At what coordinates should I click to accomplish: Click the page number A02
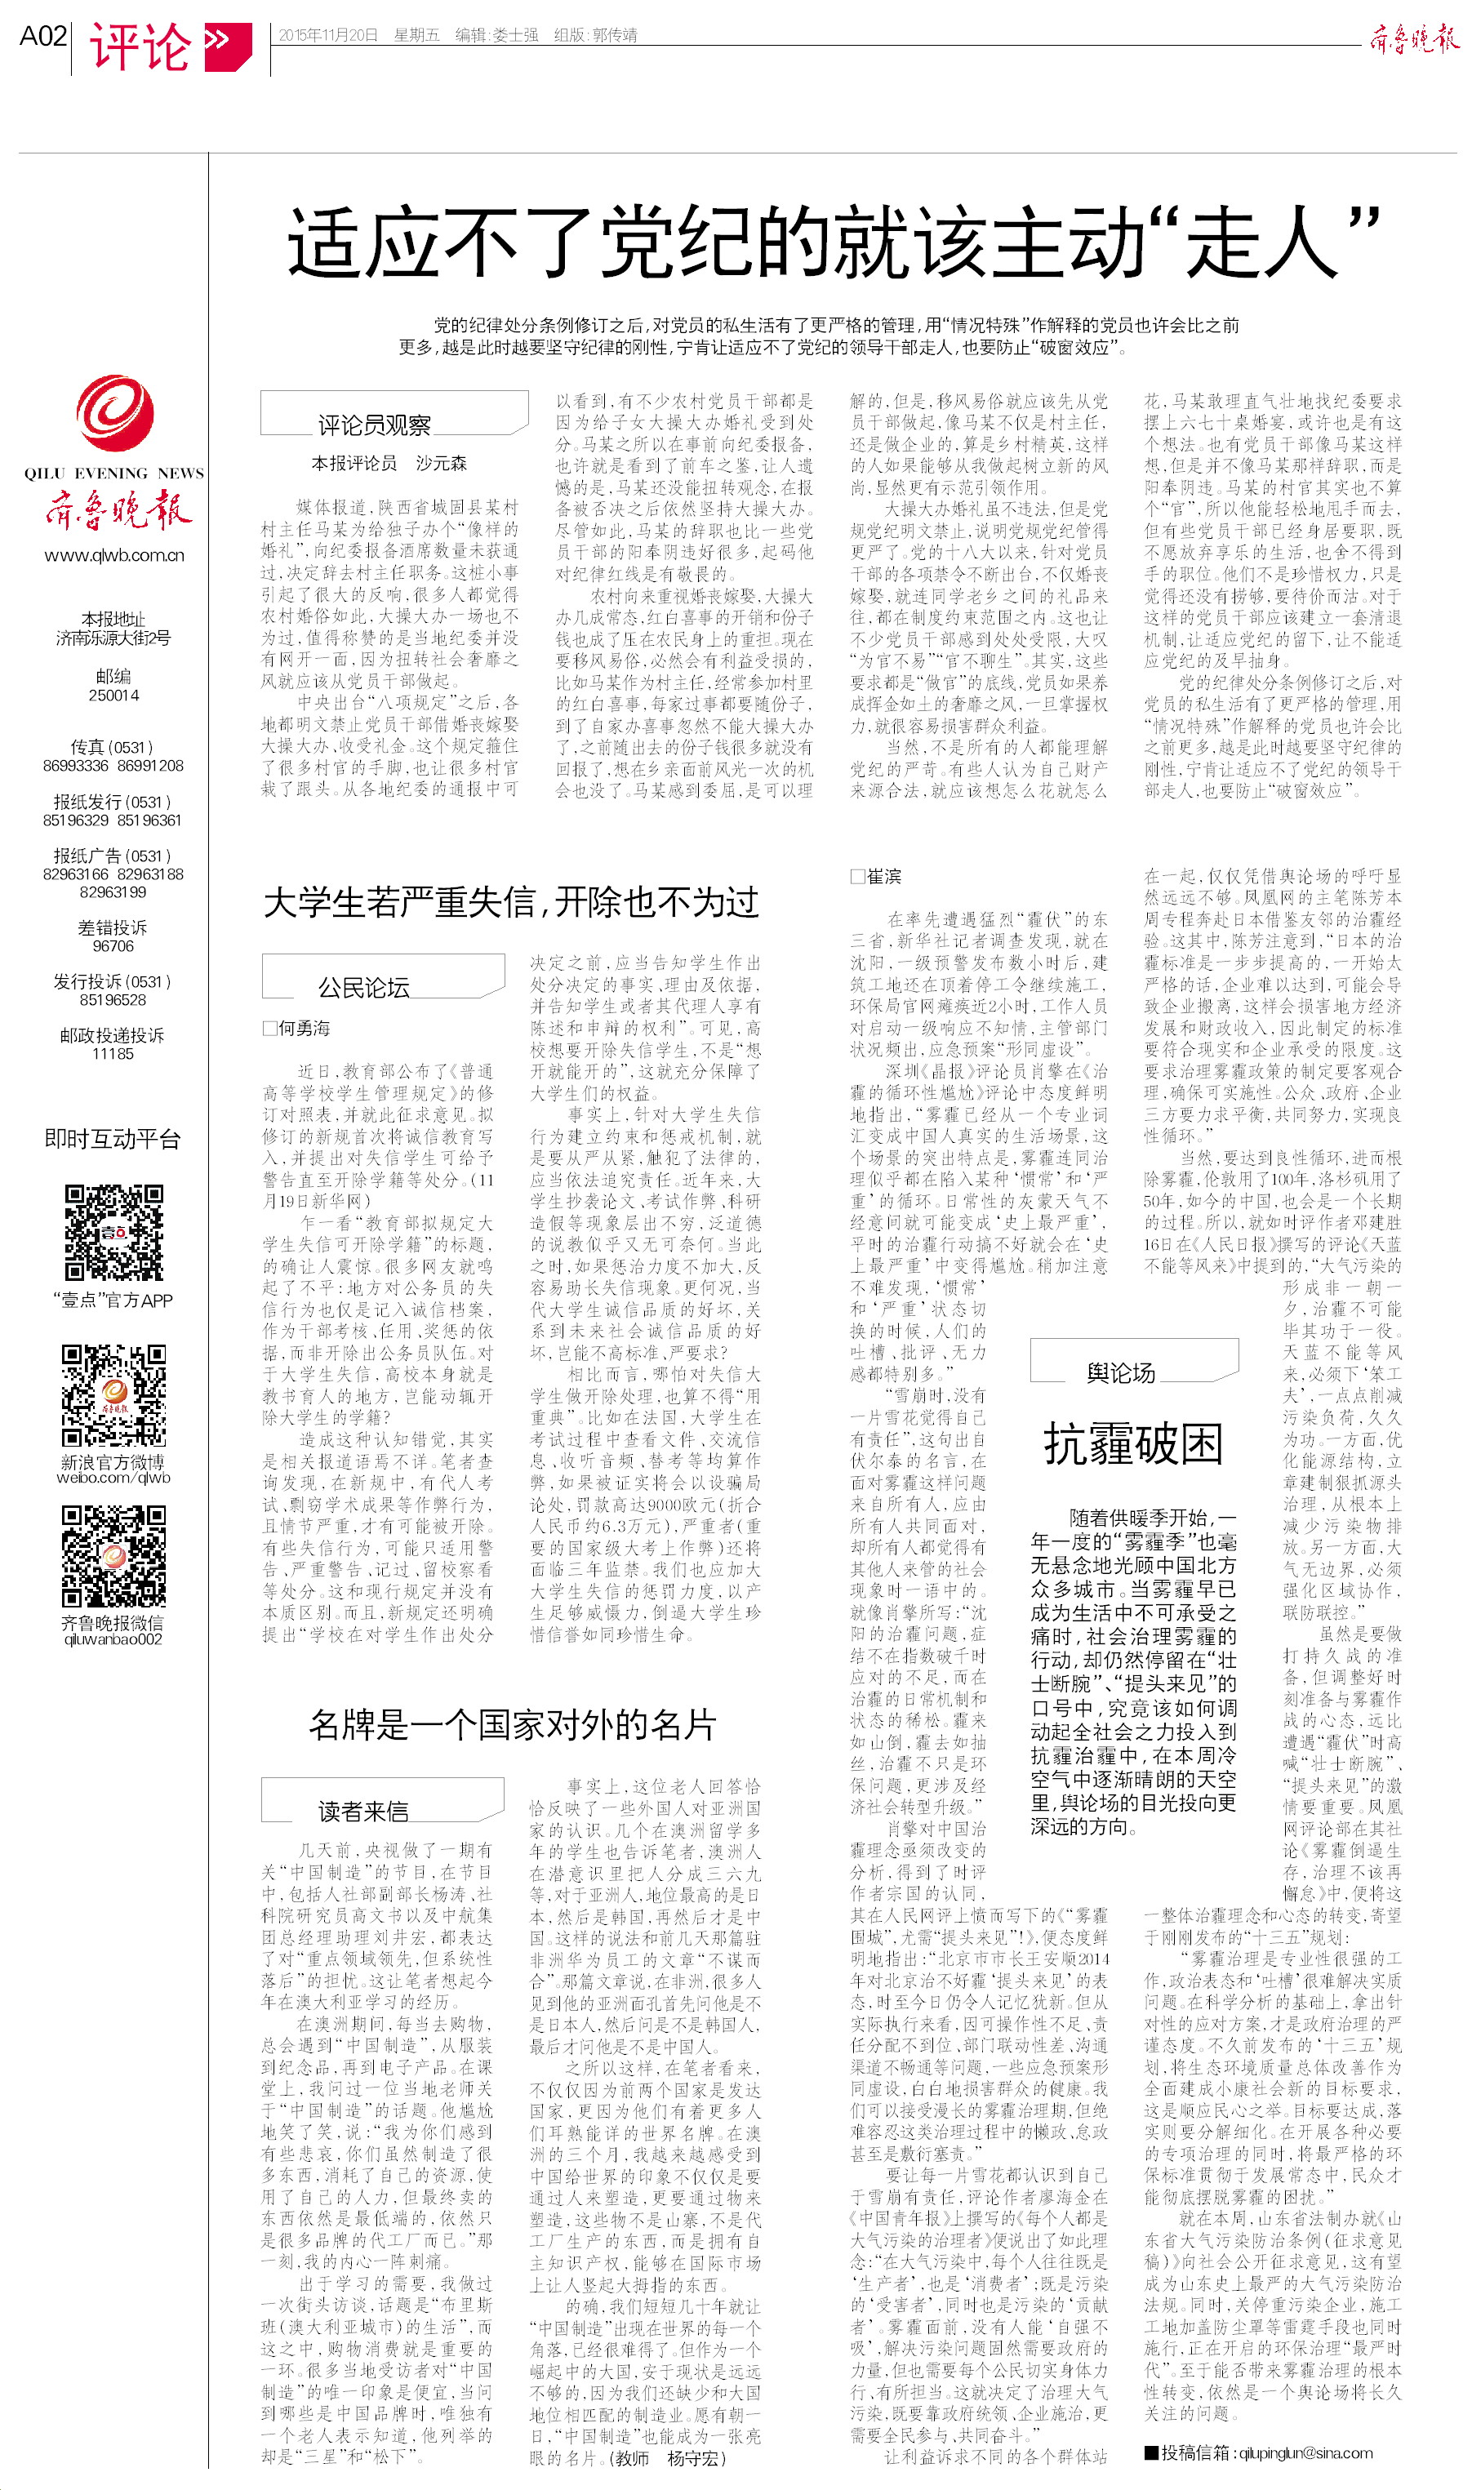coord(42,37)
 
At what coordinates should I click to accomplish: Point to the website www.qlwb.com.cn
coord(114,555)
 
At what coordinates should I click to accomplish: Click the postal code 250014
coord(113,695)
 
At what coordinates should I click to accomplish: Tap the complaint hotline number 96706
coord(113,946)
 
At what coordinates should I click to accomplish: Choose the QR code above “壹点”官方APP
coord(114,1233)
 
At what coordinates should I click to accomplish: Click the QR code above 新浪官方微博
coord(114,1395)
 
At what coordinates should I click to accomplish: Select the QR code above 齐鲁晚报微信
coord(114,1556)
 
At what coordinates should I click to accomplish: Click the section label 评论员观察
coord(374,425)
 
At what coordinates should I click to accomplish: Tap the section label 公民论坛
coord(363,988)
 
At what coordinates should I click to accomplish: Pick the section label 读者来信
coord(363,1812)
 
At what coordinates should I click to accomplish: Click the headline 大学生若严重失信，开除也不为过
coord(511,902)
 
